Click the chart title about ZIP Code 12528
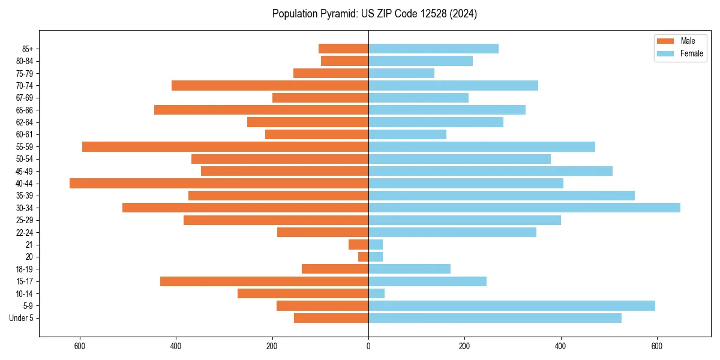click(x=374, y=14)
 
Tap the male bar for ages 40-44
click(x=219, y=183)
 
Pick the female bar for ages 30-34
click(x=524, y=208)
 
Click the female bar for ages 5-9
click(x=512, y=305)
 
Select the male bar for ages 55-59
click(x=225, y=146)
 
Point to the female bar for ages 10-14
click(x=376, y=293)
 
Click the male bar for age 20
click(x=363, y=257)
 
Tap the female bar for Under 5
click(x=495, y=318)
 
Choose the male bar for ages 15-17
click(x=264, y=281)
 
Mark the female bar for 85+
click(x=433, y=49)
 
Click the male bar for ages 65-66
click(x=261, y=110)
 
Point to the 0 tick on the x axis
click(x=368, y=346)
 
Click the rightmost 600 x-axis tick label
click(x=657, y=346)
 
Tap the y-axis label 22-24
click(x=24, y=232)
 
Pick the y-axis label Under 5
click(x=21, y=318)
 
